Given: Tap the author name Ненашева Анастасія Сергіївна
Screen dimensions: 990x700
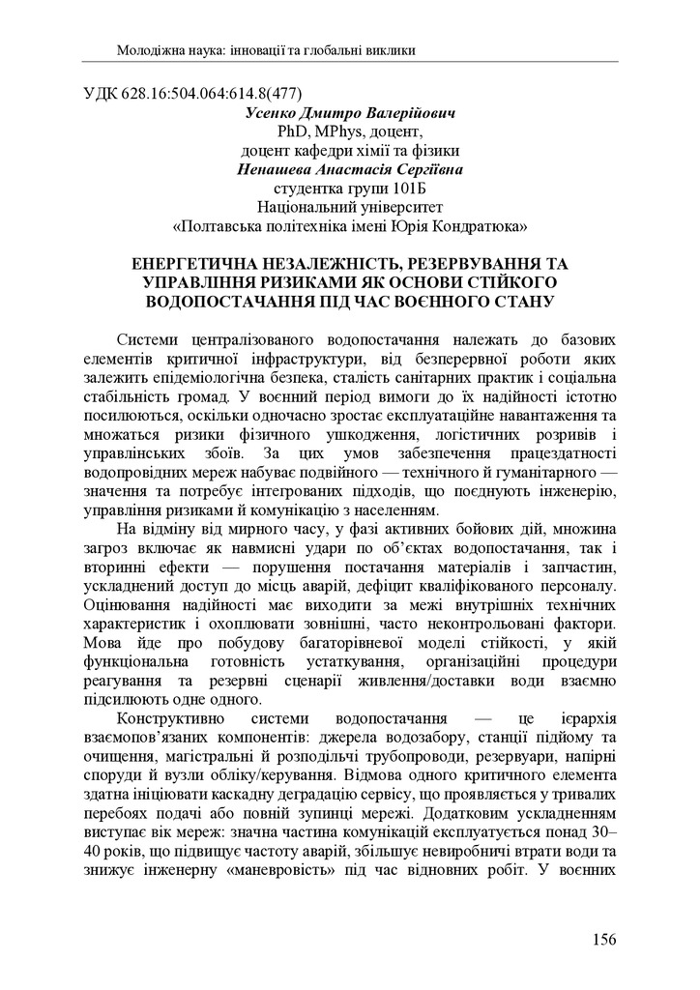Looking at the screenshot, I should (x=349, y=169).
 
